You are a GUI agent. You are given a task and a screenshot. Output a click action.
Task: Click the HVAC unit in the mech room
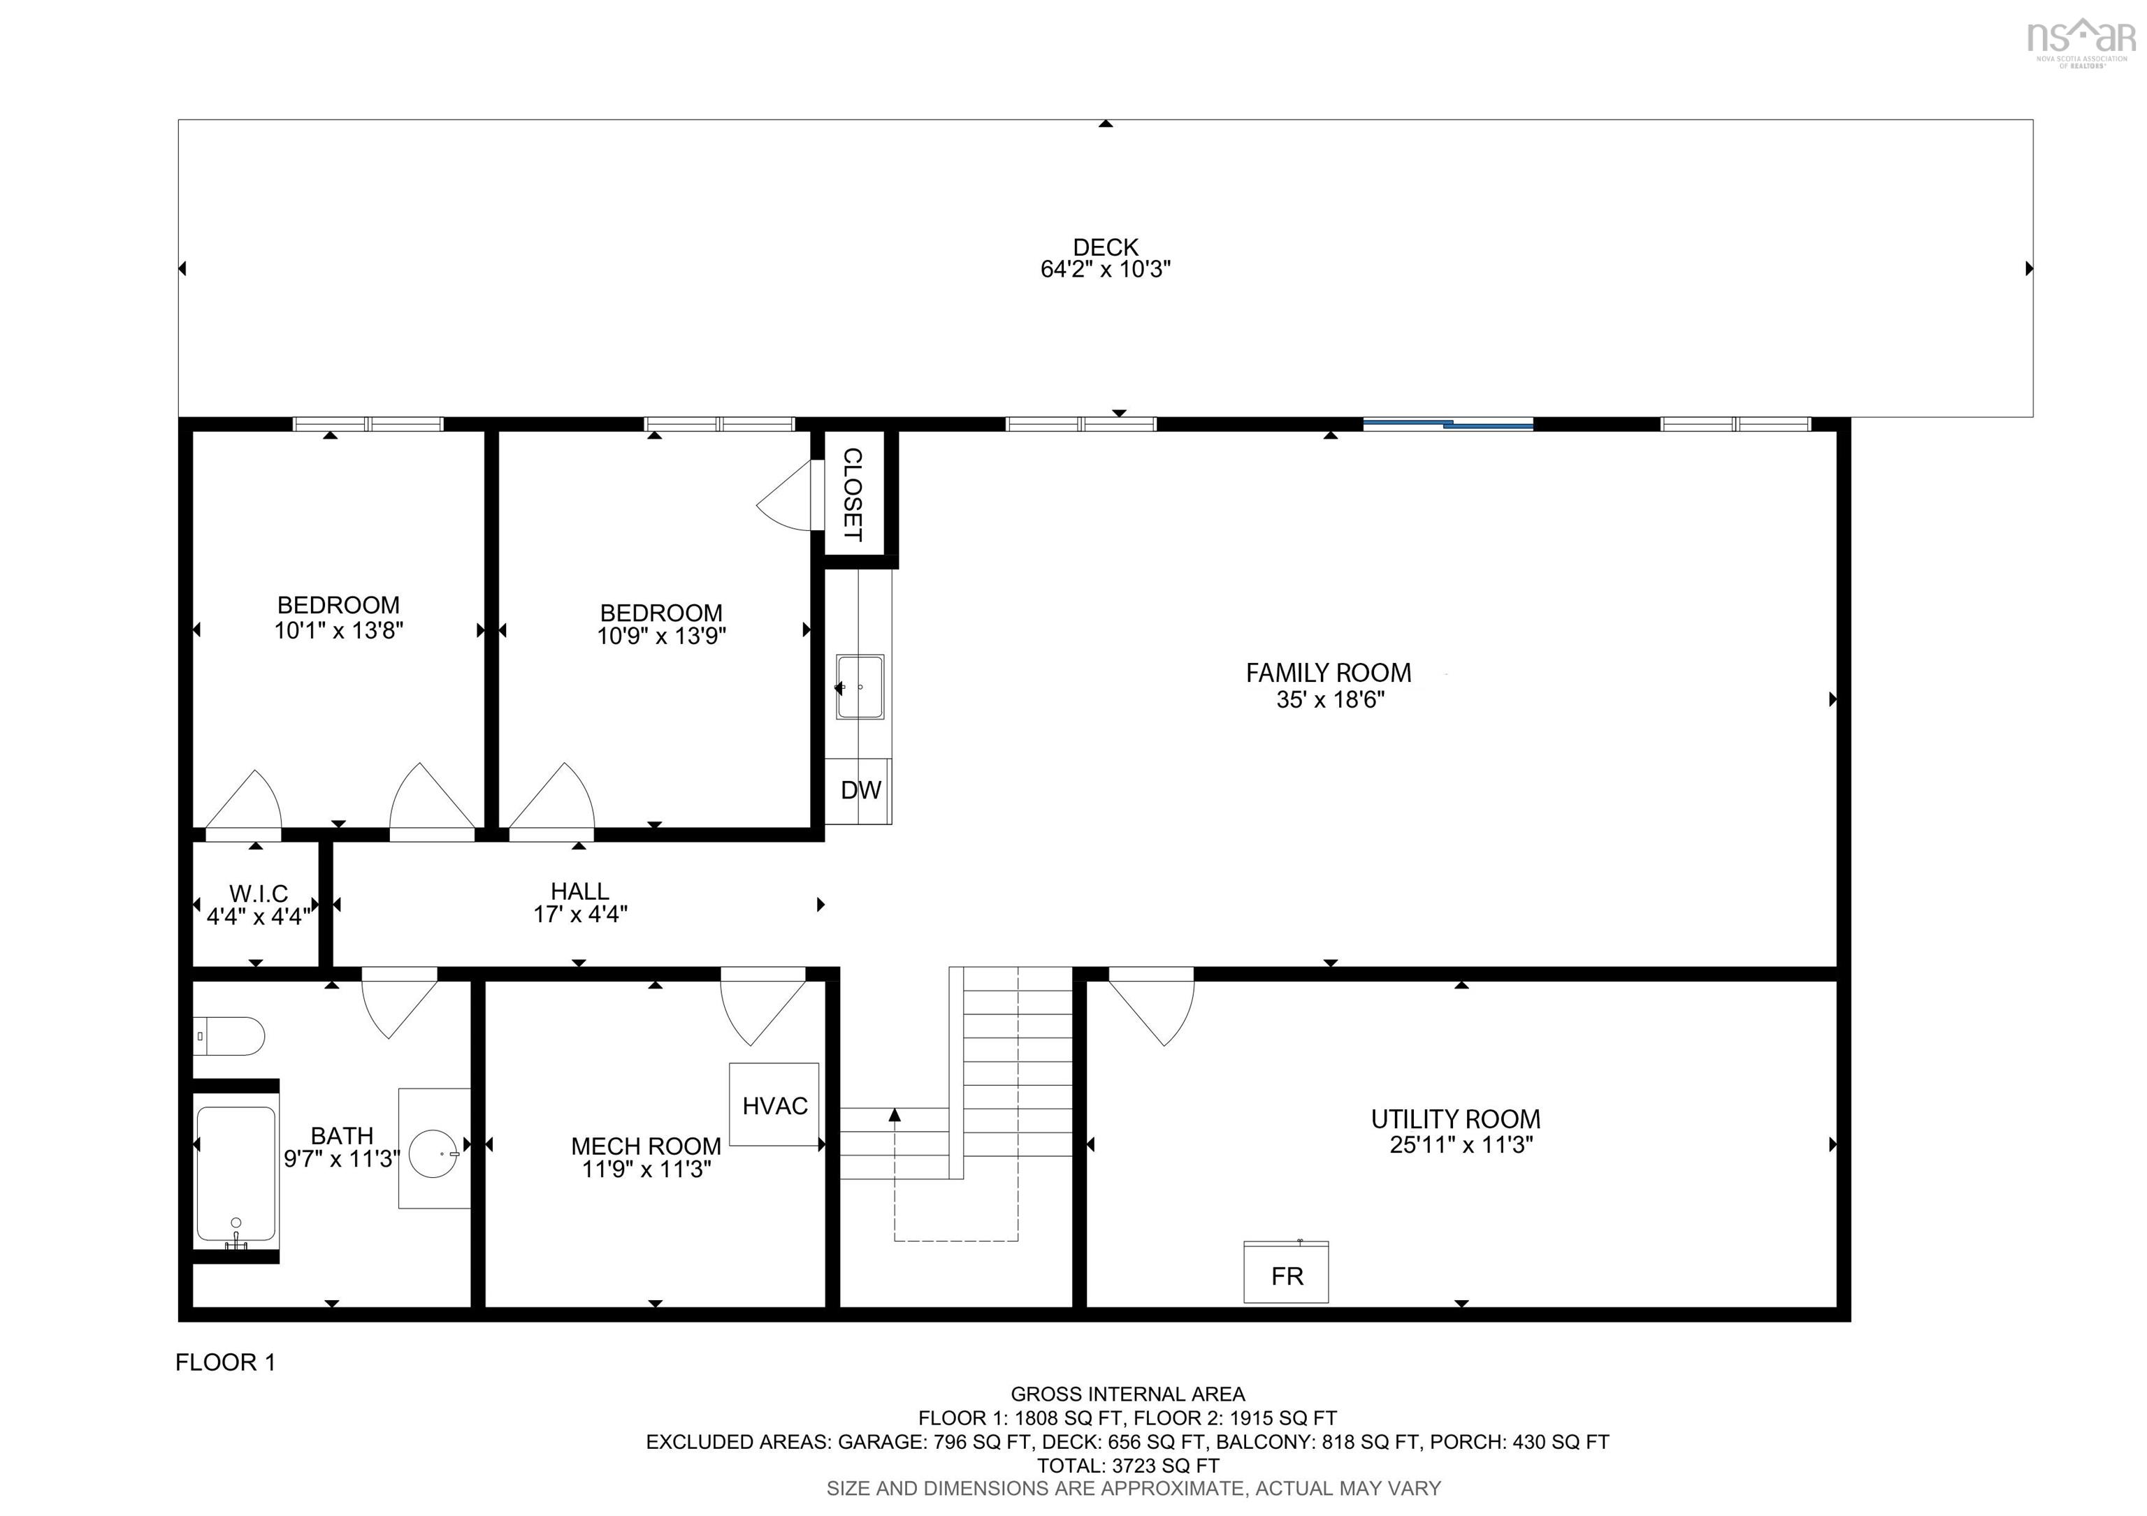click(x=774, y=1104)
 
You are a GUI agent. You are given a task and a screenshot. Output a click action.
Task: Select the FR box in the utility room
click(x=1286, y=1272)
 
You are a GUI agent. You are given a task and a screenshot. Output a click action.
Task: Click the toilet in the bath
click(x=229, y=1035)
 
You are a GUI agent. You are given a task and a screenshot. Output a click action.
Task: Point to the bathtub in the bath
click(x=236, y=1174)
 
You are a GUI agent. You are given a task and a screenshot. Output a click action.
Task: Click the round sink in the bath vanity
click(x=438, y=1153)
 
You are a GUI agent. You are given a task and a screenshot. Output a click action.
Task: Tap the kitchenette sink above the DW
click(x=860, y=687)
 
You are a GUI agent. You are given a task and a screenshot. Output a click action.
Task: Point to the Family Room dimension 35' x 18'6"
click(x=1330, y=699)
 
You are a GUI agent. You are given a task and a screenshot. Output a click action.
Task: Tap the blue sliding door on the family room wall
click(x=1447, y=424)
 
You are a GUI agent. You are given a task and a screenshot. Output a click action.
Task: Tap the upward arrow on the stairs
click(x=895, y=1114)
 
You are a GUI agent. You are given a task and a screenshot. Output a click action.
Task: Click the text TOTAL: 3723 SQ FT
click(x=1128, y=1466)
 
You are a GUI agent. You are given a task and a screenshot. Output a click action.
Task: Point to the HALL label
click(x=580, y=891)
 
